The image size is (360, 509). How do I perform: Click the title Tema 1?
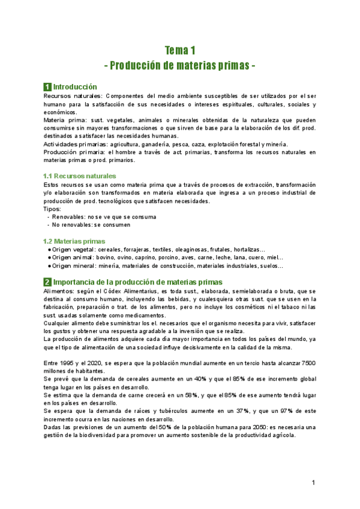180,50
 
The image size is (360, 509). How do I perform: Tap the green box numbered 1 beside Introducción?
47,87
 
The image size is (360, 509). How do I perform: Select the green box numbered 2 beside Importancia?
47,282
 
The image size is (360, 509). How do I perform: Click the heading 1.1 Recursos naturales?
80,176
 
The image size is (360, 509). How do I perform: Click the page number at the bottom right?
313,483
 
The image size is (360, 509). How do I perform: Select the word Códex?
111,291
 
